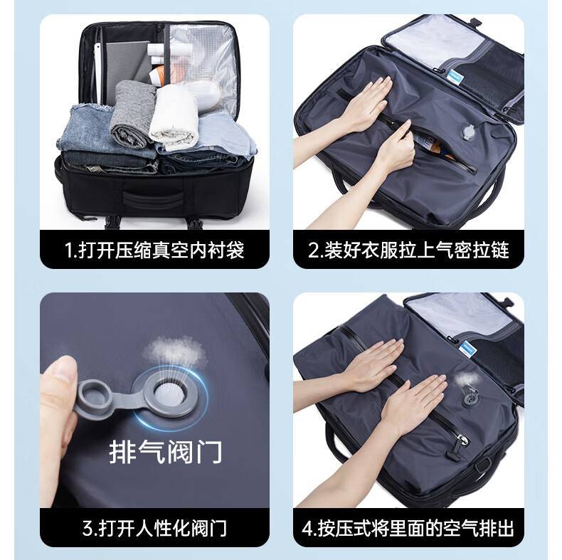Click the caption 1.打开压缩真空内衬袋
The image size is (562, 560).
point(154,250)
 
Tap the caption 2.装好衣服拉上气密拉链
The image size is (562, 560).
point(408,250)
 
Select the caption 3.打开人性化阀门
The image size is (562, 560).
point(154,528)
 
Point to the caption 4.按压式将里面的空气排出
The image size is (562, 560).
point(408,528)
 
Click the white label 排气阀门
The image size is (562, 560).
point(165,452)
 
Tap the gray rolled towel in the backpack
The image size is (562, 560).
point(132,113)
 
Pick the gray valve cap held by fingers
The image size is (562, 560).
point(92,398)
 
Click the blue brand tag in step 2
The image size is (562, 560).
point(455,77)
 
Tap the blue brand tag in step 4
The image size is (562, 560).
point(467,349)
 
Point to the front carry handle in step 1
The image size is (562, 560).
point(153,199)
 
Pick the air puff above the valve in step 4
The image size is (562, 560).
point(466,379)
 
